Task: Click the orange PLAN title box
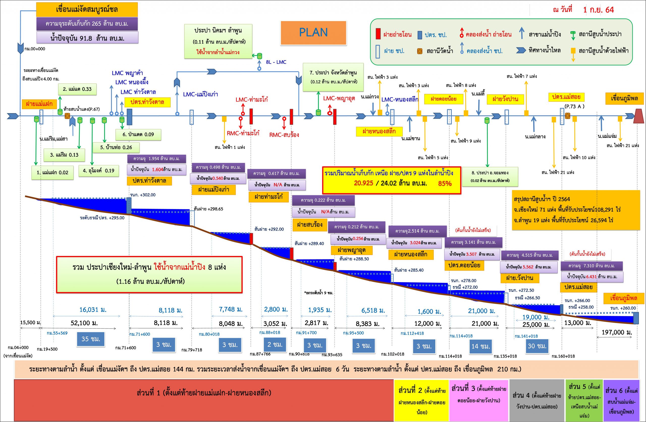click(x=313, y=33)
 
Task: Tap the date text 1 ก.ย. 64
click(x=598, y=10)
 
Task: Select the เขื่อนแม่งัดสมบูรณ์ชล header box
click(x=87, y=10)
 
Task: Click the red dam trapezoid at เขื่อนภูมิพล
click(x=639, y=116)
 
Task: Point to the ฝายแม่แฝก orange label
click(x=39, y=104)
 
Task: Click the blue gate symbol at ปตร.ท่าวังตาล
click(x=129, y=117)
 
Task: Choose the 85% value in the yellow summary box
click(x=445, y=183)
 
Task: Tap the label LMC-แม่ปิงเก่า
click(x=201, y=94)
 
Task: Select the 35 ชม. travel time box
click(x=91, y=339)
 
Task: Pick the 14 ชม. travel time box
click(x=481, y=346)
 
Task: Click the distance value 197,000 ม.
click(x=617, y=332)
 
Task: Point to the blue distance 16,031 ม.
click(x=93, y=310)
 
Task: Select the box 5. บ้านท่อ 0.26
click(x=116, y=147)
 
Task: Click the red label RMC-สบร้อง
click(x=284, y=135)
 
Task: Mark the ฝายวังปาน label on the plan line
click(x=505, y=99)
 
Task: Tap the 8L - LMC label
click(x=276, y=62)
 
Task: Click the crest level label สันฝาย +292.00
click(x=269, y=229)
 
